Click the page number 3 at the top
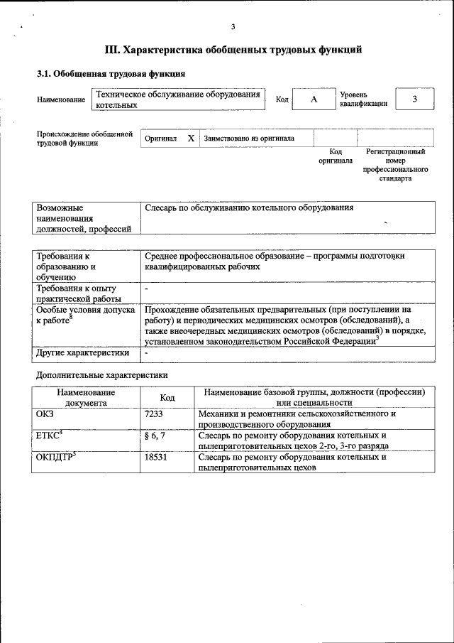coord(232,27)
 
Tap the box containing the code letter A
coord(313,99)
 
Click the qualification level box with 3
coord(414,99)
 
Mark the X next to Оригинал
coord(190,139)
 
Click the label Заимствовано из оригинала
coord(249,139)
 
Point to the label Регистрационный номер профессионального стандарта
coord(395,165)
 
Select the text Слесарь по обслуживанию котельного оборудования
coord(248,208)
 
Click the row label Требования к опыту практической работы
coord(79,293)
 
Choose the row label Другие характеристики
coord(83,352)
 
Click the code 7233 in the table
coord(155,413)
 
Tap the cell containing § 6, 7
coord(155,435)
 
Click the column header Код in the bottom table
coord(167,397)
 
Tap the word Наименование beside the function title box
coord(61,100)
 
